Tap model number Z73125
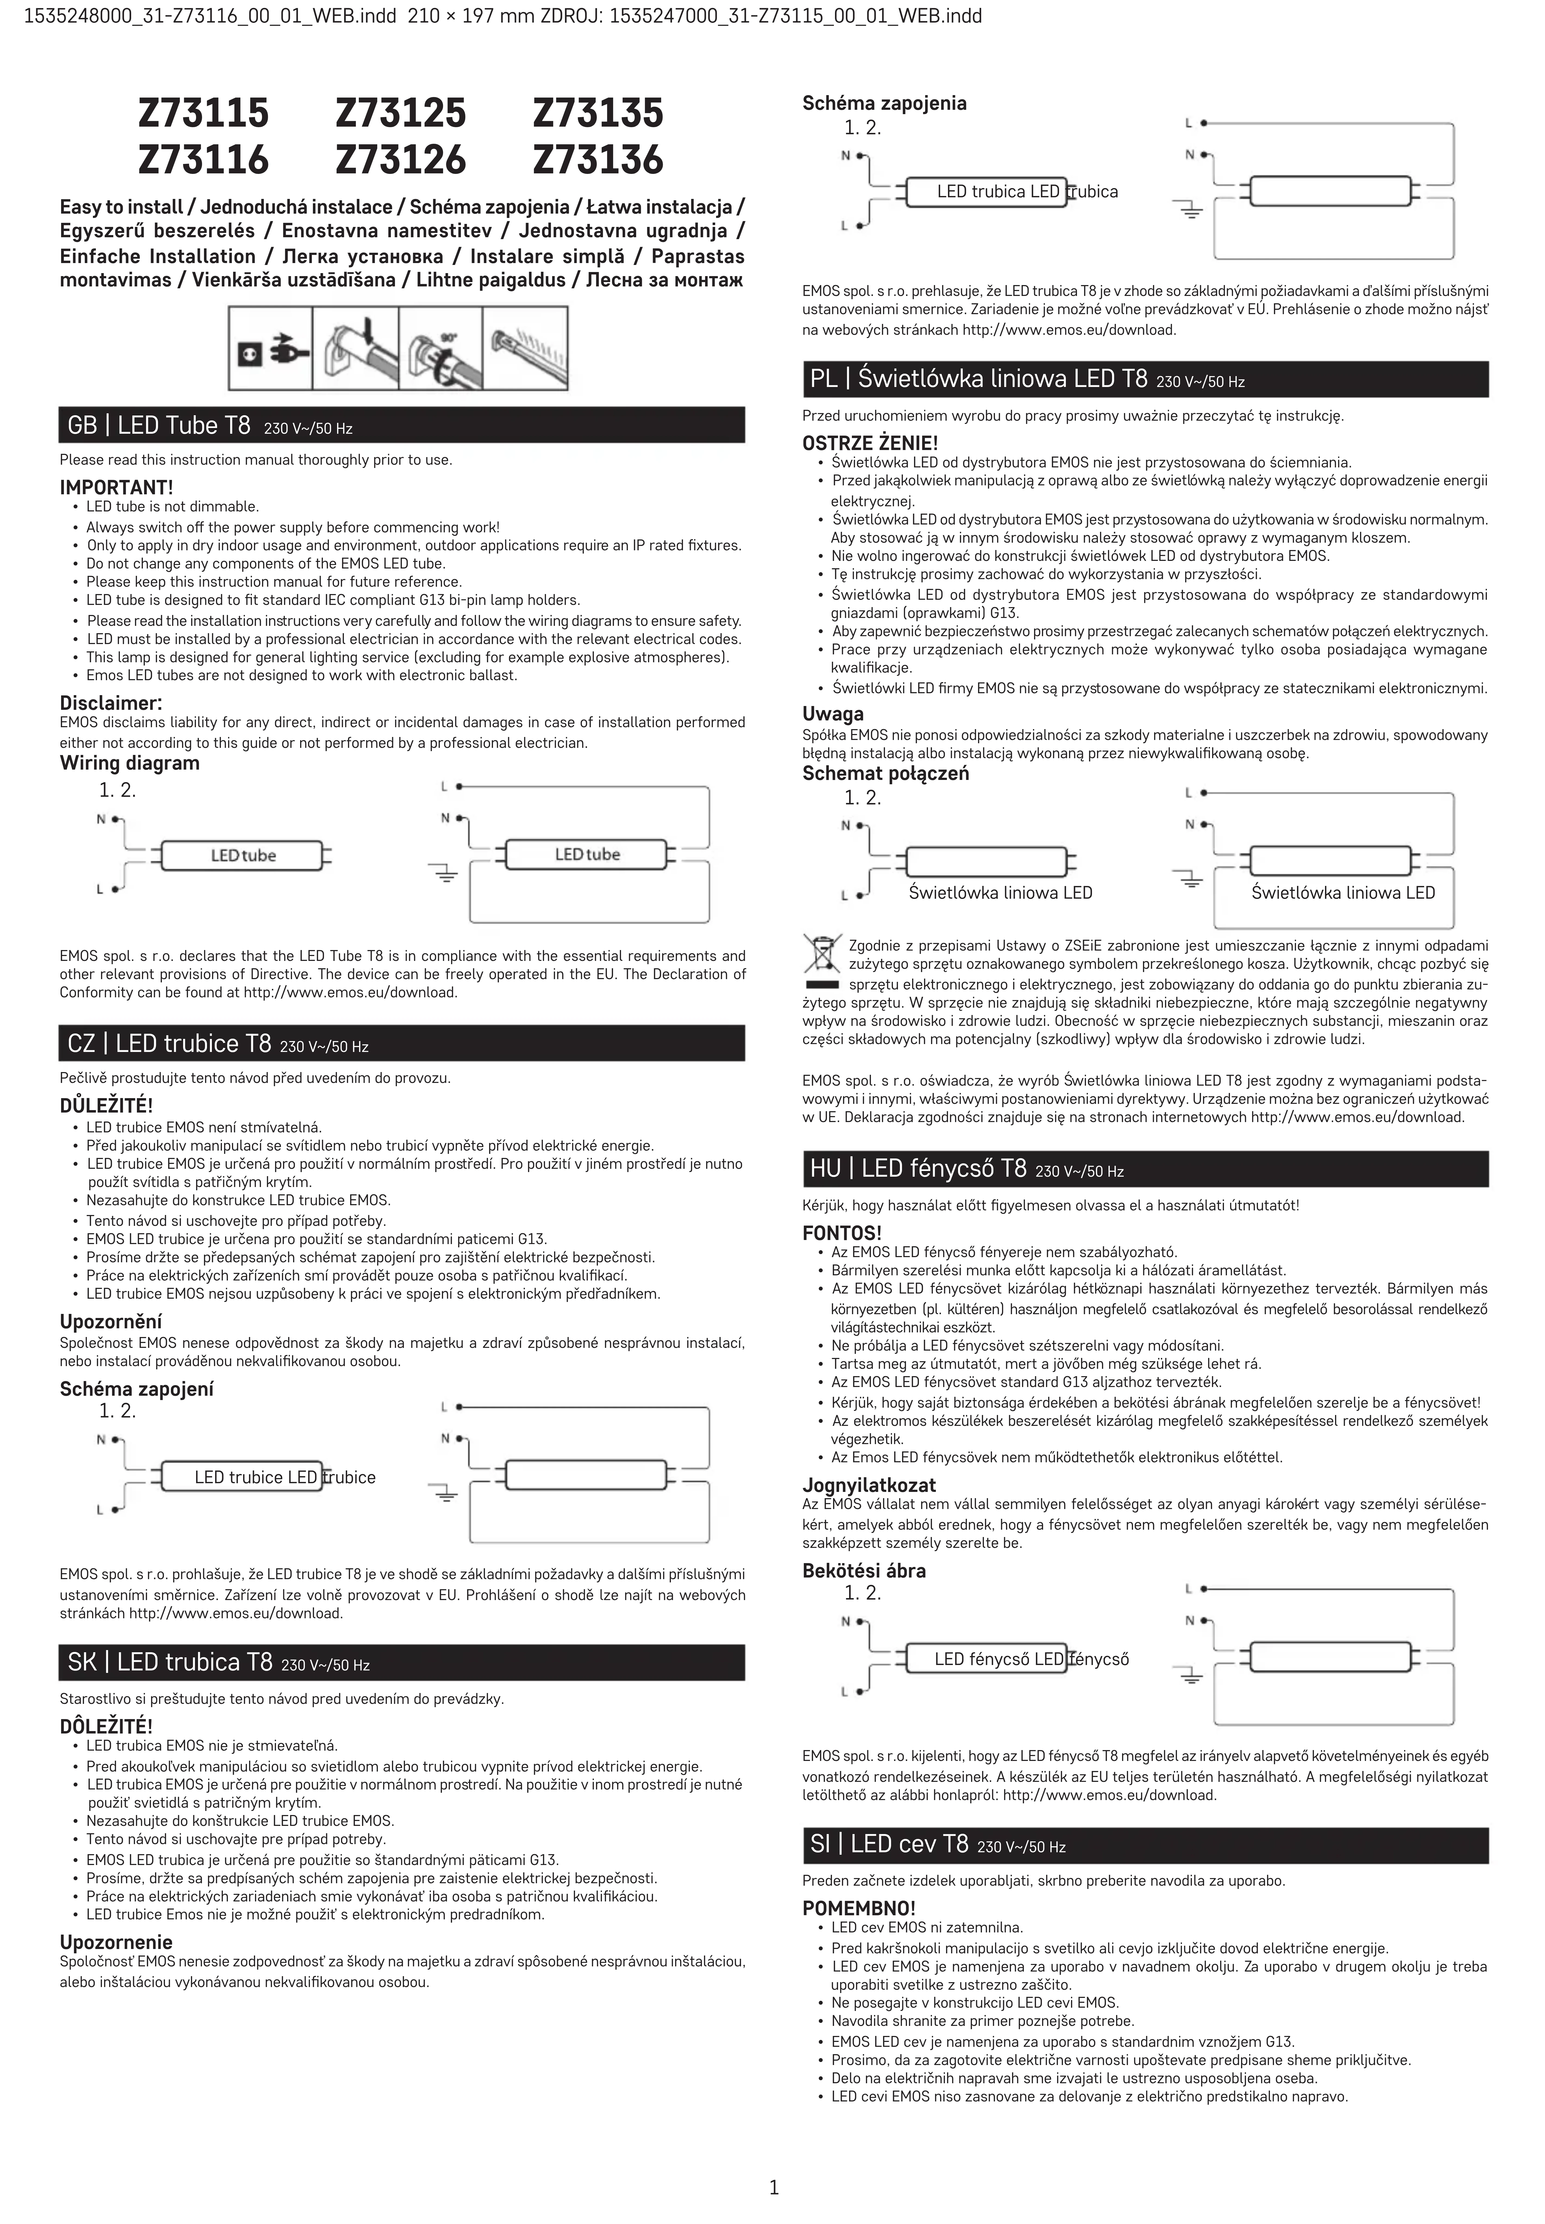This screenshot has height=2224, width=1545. click(x=401, y=113)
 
